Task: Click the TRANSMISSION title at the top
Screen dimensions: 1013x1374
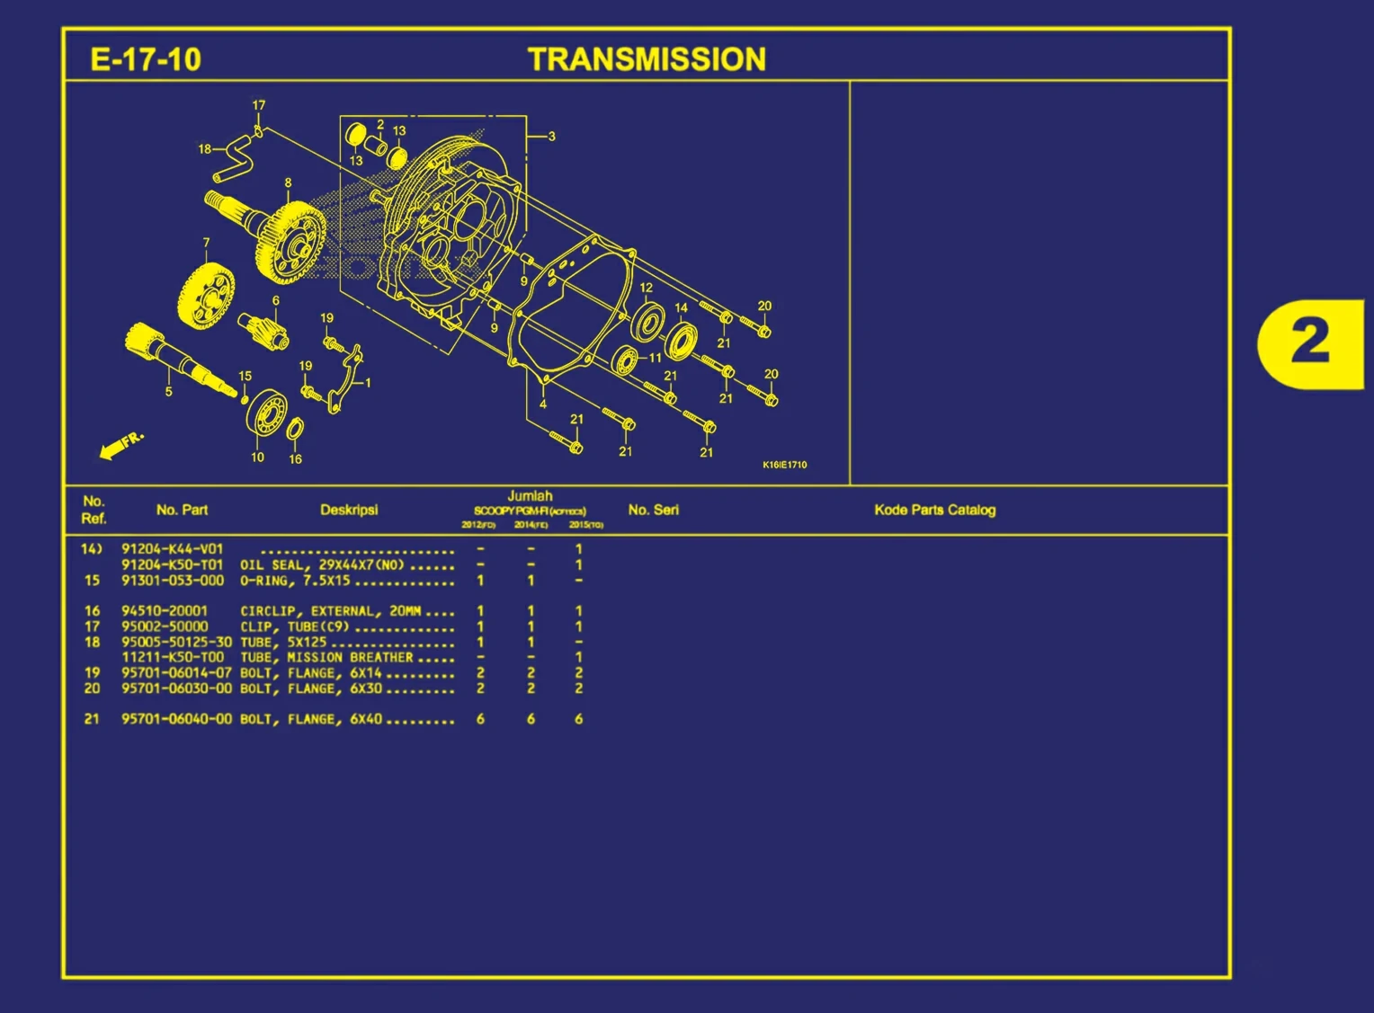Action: [647, 59]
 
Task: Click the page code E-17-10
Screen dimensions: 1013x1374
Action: [146, 59]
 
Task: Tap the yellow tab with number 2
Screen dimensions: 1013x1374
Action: [1310, 342]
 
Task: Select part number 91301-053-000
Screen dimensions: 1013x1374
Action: [173, 581]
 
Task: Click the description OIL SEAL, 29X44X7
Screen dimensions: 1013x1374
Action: [322, 565]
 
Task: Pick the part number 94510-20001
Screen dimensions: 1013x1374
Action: [165, 610]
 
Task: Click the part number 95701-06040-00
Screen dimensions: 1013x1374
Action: [176, 719]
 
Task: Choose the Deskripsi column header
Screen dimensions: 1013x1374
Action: [349, 510]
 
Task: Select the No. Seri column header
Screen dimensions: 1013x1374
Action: [654, 510]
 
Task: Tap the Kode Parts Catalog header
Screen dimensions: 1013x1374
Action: [935, 510]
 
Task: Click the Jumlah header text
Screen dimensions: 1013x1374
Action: [530, 496]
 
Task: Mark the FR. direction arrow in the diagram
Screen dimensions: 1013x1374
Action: [120, 445]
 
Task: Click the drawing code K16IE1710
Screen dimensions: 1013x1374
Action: [785, 465]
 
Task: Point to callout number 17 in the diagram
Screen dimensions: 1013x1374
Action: [259, 105]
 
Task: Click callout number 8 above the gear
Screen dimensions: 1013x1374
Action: [288, 182]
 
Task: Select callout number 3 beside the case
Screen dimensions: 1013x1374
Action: [551, 137]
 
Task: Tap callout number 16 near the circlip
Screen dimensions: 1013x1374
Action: [295, 459]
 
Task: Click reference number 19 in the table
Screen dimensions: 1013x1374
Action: [92, 672]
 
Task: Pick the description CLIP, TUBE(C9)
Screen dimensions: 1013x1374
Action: [294, 626]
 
